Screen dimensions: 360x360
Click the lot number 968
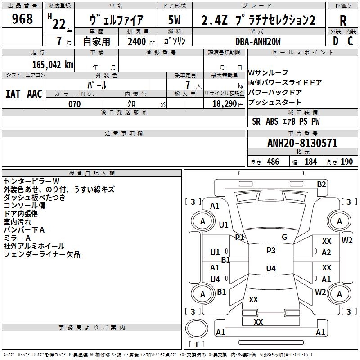coord(22,19)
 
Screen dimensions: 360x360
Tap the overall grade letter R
coord(343,21)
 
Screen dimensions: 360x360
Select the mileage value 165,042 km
coord(53,65)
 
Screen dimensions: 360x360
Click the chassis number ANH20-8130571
coord(302,143)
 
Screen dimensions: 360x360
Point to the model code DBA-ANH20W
coord(258,41)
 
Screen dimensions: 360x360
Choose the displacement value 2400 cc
coord(141,41)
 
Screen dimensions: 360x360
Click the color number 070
coord(75,104)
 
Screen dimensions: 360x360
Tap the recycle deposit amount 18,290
coord(224,104)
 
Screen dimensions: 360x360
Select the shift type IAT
coord(13,94)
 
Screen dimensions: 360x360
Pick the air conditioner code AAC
coord(35,94)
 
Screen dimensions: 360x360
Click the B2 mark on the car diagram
coord(321,184)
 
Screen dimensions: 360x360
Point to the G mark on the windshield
coord(284,237)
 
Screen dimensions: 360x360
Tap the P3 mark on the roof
coord(271,251)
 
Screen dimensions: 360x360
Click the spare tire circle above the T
coord(197,328)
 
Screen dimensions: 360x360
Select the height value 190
coord(346,162)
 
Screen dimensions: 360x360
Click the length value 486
coord(273,162)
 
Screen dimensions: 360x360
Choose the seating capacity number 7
coord(188,85)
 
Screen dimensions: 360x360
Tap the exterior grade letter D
coord(336,41)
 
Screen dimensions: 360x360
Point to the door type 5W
coord(174,20)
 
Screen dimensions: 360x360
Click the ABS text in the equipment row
coord(272,121)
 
